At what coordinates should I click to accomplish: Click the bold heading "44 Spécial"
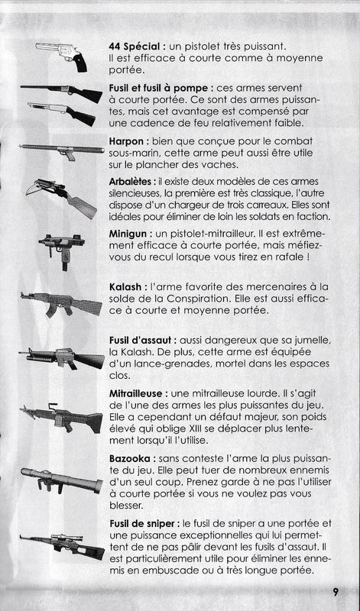coord(135,47)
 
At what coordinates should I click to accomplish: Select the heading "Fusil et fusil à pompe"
coord(161,89)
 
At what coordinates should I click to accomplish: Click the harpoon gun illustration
coord(62,150)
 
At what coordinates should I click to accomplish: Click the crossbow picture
coord(61,198)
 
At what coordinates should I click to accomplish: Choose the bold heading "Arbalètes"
coord(131,182)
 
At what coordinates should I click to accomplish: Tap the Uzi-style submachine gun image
coord(62,251)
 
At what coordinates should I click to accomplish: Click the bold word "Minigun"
coord(128,234)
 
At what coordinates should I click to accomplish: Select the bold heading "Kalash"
coord(125,287)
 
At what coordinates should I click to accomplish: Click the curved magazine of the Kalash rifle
coord(52,311)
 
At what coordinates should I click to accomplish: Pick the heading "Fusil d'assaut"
coord(140,341)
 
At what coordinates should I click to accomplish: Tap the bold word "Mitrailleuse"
coord(138,394)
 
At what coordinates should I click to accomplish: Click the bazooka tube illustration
coord(62,480)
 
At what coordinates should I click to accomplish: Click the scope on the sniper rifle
coord(66,538)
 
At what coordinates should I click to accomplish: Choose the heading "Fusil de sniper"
coord(144,524)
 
